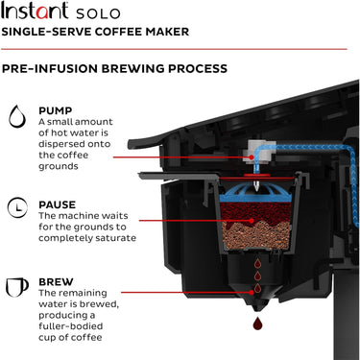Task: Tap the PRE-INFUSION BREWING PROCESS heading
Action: pos(114,69)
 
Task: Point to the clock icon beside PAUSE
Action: pos(16,208)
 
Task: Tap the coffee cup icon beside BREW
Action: pos(16,286)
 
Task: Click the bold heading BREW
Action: pos(57,282)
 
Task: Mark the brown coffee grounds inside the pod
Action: pos(252,230)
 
